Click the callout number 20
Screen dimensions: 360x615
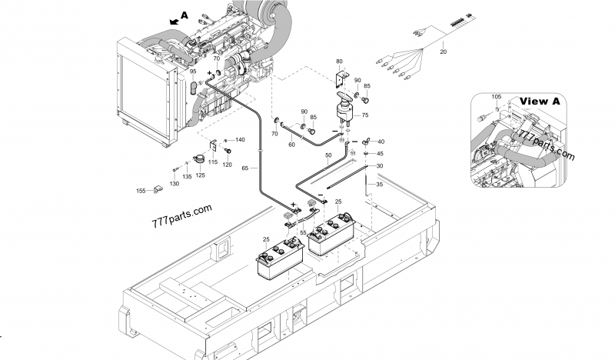point(443,52)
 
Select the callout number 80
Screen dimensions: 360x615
point(340,61)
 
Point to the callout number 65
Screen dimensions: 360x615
point(244,167)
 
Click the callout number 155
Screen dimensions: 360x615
point(141,190)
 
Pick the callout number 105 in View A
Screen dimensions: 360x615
point(496,97)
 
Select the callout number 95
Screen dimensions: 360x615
point(193,72)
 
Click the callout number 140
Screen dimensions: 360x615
point(240,139)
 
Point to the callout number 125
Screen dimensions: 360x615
point(199,175)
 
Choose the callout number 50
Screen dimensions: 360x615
point(328,155)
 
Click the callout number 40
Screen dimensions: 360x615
point(381,141)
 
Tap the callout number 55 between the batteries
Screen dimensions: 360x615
point(303,232)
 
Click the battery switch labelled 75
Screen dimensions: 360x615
point(345,108)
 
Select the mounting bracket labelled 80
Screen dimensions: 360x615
point(340,78)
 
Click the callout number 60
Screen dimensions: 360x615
point(291,144)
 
